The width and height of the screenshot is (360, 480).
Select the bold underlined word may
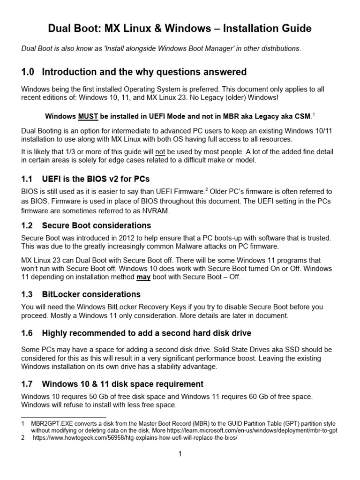(143, 277)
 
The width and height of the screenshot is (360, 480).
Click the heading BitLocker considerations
(91, 294)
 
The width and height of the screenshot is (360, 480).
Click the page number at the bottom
(180, 454)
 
